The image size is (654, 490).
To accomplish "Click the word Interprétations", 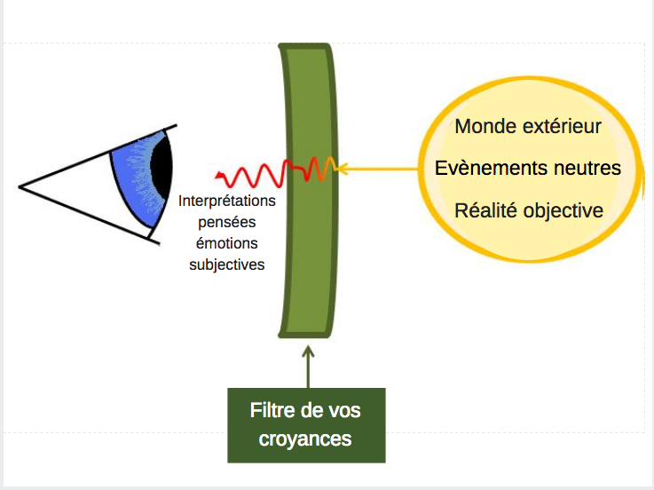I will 227,201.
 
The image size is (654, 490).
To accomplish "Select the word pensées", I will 226,222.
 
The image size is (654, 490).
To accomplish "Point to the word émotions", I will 226,243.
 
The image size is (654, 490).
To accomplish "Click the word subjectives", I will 226,265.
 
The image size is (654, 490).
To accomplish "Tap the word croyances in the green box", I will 305,438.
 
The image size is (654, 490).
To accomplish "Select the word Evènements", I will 488,168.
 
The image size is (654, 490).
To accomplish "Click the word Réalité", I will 486,210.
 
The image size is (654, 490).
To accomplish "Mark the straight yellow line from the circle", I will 382,167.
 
